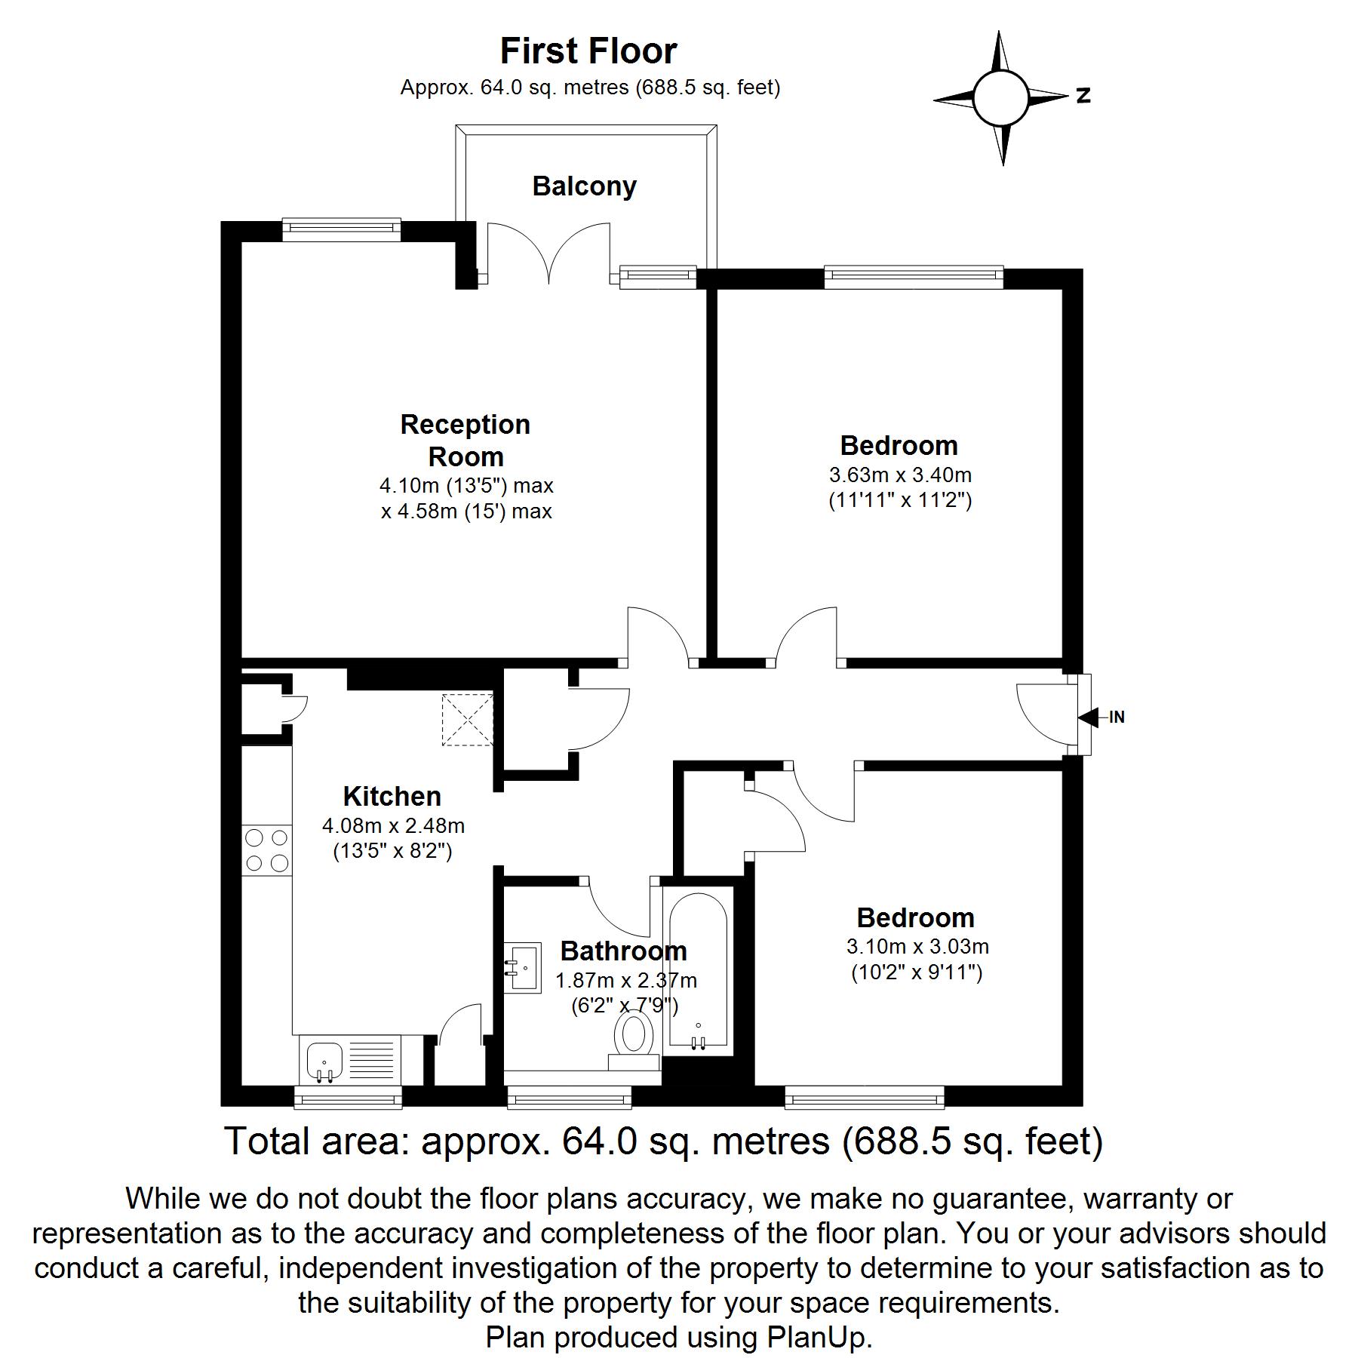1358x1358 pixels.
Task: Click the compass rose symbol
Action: pos(1001,98)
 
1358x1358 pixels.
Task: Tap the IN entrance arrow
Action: pos(1090,717)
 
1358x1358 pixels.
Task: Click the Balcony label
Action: pos(584,186)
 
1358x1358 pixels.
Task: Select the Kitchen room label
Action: pos(392,797)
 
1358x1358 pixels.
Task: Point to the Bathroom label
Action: pos(623,951)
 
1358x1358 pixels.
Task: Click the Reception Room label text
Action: pos(465,441)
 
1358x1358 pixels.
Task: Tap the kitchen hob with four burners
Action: pos(266,850)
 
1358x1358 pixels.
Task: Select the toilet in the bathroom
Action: pos(634,1037)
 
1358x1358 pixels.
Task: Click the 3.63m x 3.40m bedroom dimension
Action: pos(900,475)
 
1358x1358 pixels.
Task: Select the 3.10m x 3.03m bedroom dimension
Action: pos(917,947)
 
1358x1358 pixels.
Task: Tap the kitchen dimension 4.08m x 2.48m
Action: pos(393,826)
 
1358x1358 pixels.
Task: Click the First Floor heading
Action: pos(588,51)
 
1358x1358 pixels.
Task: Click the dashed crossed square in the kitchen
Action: pos(468,719)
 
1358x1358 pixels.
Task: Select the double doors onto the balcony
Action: pos(548,253)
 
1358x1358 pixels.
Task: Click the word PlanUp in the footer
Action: pos(819,1338)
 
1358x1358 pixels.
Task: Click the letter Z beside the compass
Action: pos(1083,96)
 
